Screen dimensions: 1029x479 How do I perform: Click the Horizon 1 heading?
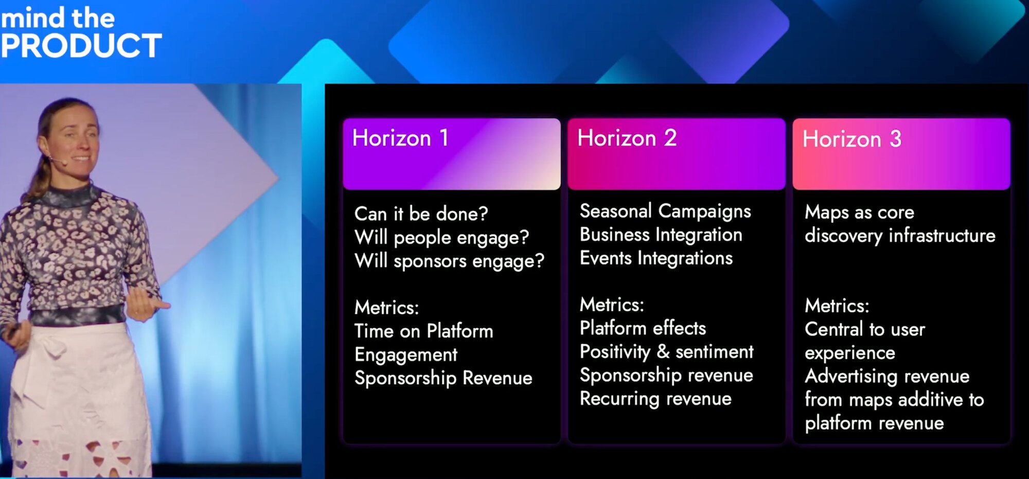click(x=400, y=138)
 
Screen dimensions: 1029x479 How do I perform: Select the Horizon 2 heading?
click(x=627, y=138)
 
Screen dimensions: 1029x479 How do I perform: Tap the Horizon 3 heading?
click(x=852, y=139)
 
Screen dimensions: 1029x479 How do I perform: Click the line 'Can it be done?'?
click(x=421, y=214)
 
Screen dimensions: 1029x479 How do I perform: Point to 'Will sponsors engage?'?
click(x=449, y=261)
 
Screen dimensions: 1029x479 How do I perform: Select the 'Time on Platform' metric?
click(x=424, y=331)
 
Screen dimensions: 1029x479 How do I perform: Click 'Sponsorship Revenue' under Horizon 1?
click(x=443, y=378)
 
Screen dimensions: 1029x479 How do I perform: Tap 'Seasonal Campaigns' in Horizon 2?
click(x=665, y=211)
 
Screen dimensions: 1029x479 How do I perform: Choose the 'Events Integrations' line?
click(x=656, y=258)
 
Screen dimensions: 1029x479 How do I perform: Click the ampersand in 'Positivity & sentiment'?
click(x=663, y=351)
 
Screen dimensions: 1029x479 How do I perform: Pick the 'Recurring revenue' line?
click(x=655, y=399)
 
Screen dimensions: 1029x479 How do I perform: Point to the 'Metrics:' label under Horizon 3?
click(x=837, y=306)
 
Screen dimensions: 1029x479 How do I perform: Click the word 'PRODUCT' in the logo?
click(x=81, y=46)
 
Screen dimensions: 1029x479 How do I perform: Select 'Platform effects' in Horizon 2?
click(x=643, y=328)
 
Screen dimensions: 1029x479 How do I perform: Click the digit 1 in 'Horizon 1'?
click(x=443, y=138)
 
